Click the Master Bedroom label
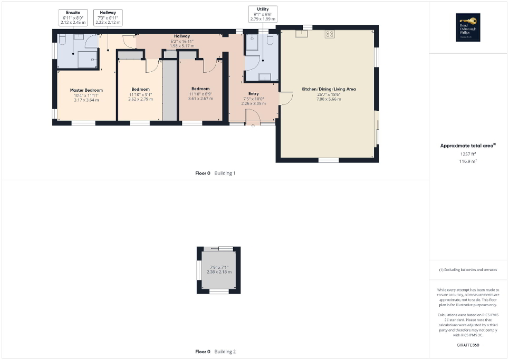click(x=87, y=90)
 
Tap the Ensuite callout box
click(x=73, y=17)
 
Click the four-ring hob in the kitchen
click(x=331, y=34)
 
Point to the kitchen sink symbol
click(x=304, y=34)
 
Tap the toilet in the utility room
click(x=270, y=40)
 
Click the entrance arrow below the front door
click(x=253, y=125)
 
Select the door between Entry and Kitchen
click(x=285, y=98)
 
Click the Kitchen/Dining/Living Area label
click(x=328, y=89)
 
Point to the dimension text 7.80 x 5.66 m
click(x=328, y=99)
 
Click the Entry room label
click(x=254, y=94)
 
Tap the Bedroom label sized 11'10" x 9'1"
click(x=140, y=89)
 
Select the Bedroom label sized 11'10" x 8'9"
click(x=200, y=89)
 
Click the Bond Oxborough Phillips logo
click(x=468, y=27)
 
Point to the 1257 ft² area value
click(x=468, y=154)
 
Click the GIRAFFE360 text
click(x=468, y=345)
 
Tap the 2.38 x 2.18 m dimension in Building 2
click(x=218, y=271)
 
